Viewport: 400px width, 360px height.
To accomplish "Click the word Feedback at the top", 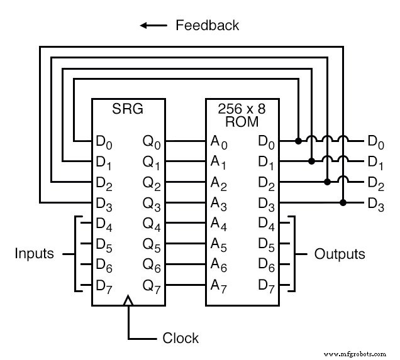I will pyautogui.click(x=207, y=25).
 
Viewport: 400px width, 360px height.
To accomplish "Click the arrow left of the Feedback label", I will pyautogui.click(x=153, y=26).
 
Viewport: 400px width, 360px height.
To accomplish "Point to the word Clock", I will pyautogui.click(x=181, y=338).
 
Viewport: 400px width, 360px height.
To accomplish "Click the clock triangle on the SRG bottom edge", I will pyautogui.click(x=128, y=302).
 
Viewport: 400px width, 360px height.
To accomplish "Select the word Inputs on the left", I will pyautogui.click(x=35, y=254).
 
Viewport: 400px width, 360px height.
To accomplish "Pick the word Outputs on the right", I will pyautogui.click(x=340, y=254).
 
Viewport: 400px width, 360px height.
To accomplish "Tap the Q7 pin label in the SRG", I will pyautogui.click(x=152, y=286).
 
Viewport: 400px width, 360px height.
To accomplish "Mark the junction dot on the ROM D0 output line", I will pyautogui.click(x=297, y=141).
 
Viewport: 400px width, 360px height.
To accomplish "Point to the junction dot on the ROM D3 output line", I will pyautogui.click(x=343, y=202).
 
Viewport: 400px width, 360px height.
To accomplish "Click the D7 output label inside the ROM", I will pyautogui.click(x=267, y=286).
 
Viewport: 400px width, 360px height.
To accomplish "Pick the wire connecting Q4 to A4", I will pyautogui.click(x=187, y=223).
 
